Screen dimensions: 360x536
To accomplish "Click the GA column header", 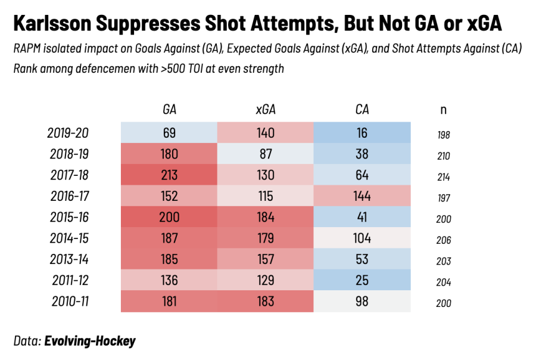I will (x=169, y=110).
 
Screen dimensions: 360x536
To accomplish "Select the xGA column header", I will (x=265, y=110).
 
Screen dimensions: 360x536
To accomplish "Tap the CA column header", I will (x=362, y=110).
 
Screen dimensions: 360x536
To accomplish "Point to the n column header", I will (x=443, y=110).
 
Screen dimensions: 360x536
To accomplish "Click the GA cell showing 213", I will (x=169, y=175).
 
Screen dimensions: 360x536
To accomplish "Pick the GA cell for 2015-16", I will (x=169, y=218).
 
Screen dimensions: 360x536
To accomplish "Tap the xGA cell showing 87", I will (x=265, y=154).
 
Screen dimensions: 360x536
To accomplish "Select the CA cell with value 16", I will (x=362, y=133).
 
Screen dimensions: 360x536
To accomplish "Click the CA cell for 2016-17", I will (x=362, y=196).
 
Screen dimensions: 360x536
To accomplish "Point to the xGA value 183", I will (x=265, y=302).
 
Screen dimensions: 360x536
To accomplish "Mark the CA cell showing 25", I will (x=362, y=281).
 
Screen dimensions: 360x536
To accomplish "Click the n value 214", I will (x=443, y=177).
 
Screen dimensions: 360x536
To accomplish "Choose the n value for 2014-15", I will (x=443, y=240).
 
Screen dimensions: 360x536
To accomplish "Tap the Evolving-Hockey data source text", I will (x=90, y=342).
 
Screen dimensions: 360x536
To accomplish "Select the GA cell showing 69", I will (x=169, y=133).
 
